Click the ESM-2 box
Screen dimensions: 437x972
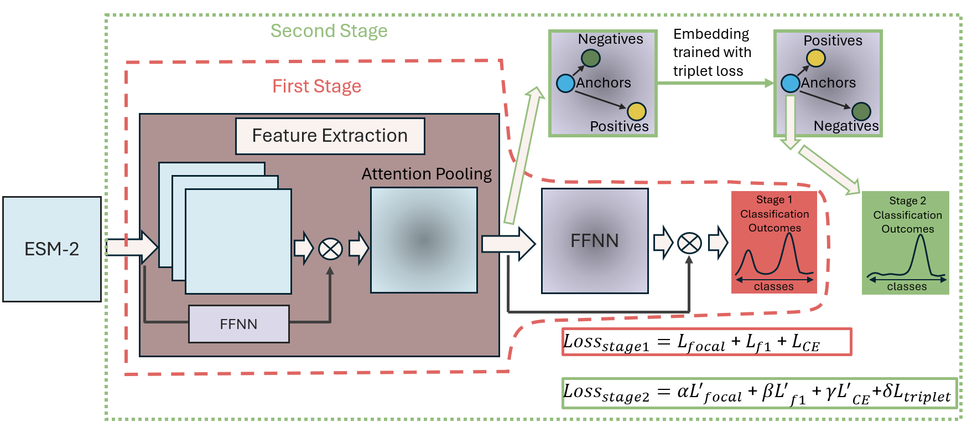coord(52,249)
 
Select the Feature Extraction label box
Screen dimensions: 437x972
coord(330,136)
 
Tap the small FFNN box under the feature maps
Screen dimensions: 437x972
coord(238,324)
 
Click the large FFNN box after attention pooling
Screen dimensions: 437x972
coord(595,241)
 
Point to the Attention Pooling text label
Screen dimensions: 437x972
coord(426,174)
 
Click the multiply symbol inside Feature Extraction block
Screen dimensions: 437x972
coord(330,249)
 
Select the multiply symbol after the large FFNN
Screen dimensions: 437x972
coord(689,243)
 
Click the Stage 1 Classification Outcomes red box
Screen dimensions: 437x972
coord(774,242)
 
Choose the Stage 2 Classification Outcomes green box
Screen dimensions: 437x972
coord(906,243)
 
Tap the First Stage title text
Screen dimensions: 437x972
coord(316,86)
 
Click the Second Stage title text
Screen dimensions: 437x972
coord(329,31)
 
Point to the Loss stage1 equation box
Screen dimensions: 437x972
coord(706,342)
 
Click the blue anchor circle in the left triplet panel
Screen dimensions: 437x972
coord(565,84)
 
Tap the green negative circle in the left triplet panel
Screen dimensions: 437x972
coord(590,58)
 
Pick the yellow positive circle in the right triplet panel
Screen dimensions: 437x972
coord(815,58)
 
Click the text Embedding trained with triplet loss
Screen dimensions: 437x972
coord(711,53)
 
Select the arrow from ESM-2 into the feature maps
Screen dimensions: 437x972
coord(132,247)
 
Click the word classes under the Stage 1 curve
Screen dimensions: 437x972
coord(773,286)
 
